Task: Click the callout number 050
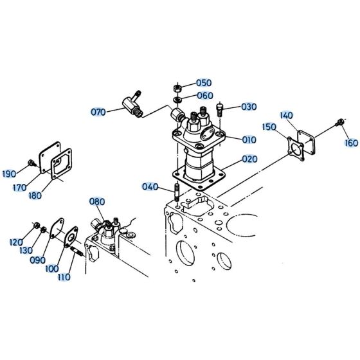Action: click(x=204, y=83)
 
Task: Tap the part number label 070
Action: click(x=98, y=112)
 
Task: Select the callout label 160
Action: click(x=352, y=143)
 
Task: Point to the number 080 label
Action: click(x=97, y=202)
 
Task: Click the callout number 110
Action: click(x=64, y=277)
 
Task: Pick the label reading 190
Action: click(x=9, y=174)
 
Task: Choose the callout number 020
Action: click(x=250, y=159)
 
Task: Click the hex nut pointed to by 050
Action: click(x=177, y=88)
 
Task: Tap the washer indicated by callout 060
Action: click(x=177, y=100)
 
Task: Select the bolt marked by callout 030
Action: click(x=220, y=110)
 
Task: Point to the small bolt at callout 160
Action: click(x=339, y=122)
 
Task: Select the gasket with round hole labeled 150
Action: click(x=296, y=148)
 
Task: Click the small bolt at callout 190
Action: click(x=32, y=163)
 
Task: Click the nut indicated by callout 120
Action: click(x=37, y=226)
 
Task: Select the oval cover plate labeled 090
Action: click(x=57, y=228)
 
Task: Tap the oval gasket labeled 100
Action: click(x=71, y=237)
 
